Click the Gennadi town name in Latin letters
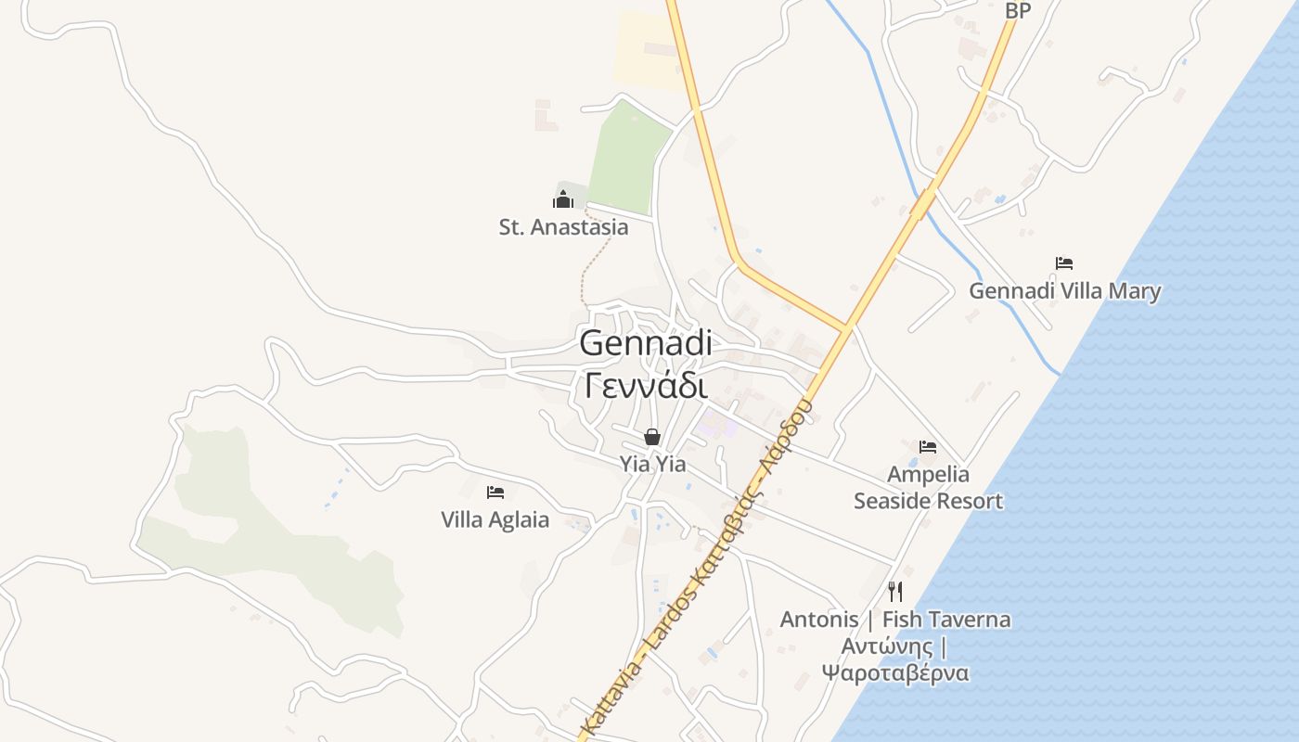[x=646, y=342]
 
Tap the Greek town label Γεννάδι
[x=646, y=384]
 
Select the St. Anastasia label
[x=563, y=227]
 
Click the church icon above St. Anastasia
[x=563, y=199]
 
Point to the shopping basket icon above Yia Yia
[x=652, y=437]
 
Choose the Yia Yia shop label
[x=652, y=464]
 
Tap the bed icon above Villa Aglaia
[x=495, y=493]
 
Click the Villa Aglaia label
[x=495, y=519]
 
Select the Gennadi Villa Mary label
[x=1064, y=291]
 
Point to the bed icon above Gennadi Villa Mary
[x=1064, y=263]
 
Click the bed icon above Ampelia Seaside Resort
[x=928, y=447]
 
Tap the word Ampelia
[x=928, y=475]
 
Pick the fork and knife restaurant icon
[x=895, y=591]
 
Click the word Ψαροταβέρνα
[x=895, y=672]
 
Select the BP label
[x=1018, y=11]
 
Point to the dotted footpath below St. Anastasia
[x=594, y=264]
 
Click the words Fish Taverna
[x=946, y=619]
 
